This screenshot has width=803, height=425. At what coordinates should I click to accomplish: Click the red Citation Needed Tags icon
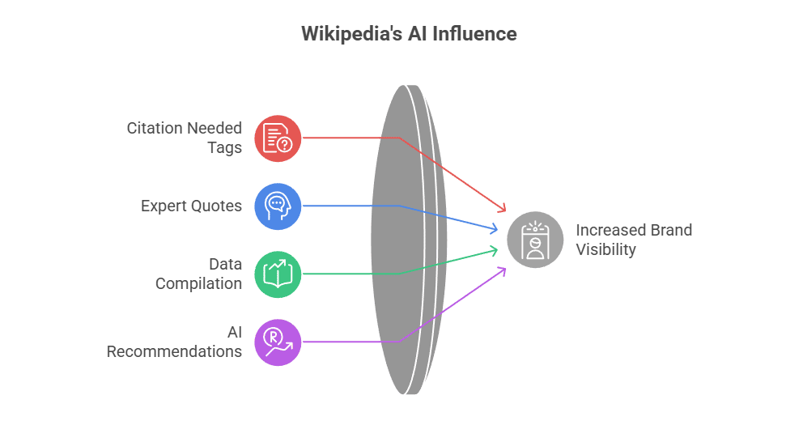(x=278, y=138)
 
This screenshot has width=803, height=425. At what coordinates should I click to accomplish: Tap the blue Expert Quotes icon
(x=278, y=206)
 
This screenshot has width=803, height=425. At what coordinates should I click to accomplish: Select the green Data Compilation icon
(x=278, y=274)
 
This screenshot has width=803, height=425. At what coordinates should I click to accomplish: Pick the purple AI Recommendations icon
(x=278, y=342)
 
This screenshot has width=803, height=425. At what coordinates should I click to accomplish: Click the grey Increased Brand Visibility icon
(x=535, y=240)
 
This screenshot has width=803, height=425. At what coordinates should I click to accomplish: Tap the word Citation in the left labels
(x=155, y=128)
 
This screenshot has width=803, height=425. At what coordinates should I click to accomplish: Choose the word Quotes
(x=218, y=206)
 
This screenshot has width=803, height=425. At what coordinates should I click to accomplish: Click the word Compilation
(x=198, y=283)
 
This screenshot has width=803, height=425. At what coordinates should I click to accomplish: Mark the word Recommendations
(x=174, y=351)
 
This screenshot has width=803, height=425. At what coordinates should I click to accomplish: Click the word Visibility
(x=605, y=249)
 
